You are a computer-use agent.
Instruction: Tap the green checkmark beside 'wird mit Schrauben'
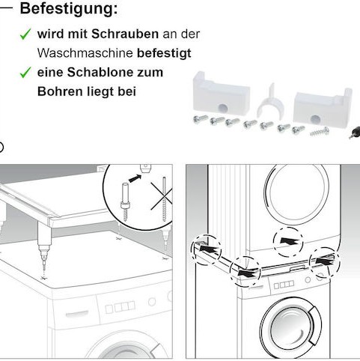point(25,34)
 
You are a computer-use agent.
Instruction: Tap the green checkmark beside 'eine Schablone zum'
point(25,73)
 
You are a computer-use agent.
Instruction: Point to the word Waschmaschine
point(85,54)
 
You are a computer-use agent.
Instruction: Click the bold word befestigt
point(164,54)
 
